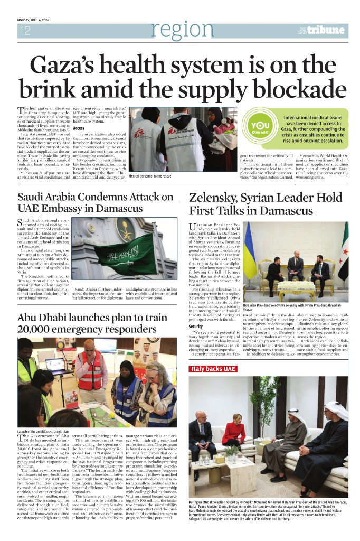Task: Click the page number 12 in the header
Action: [x=26, y=31]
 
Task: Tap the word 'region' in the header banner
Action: [x=182, y=30]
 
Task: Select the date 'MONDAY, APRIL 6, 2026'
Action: [x=36, y=21]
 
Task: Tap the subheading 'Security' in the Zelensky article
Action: [x=196, y=327]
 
